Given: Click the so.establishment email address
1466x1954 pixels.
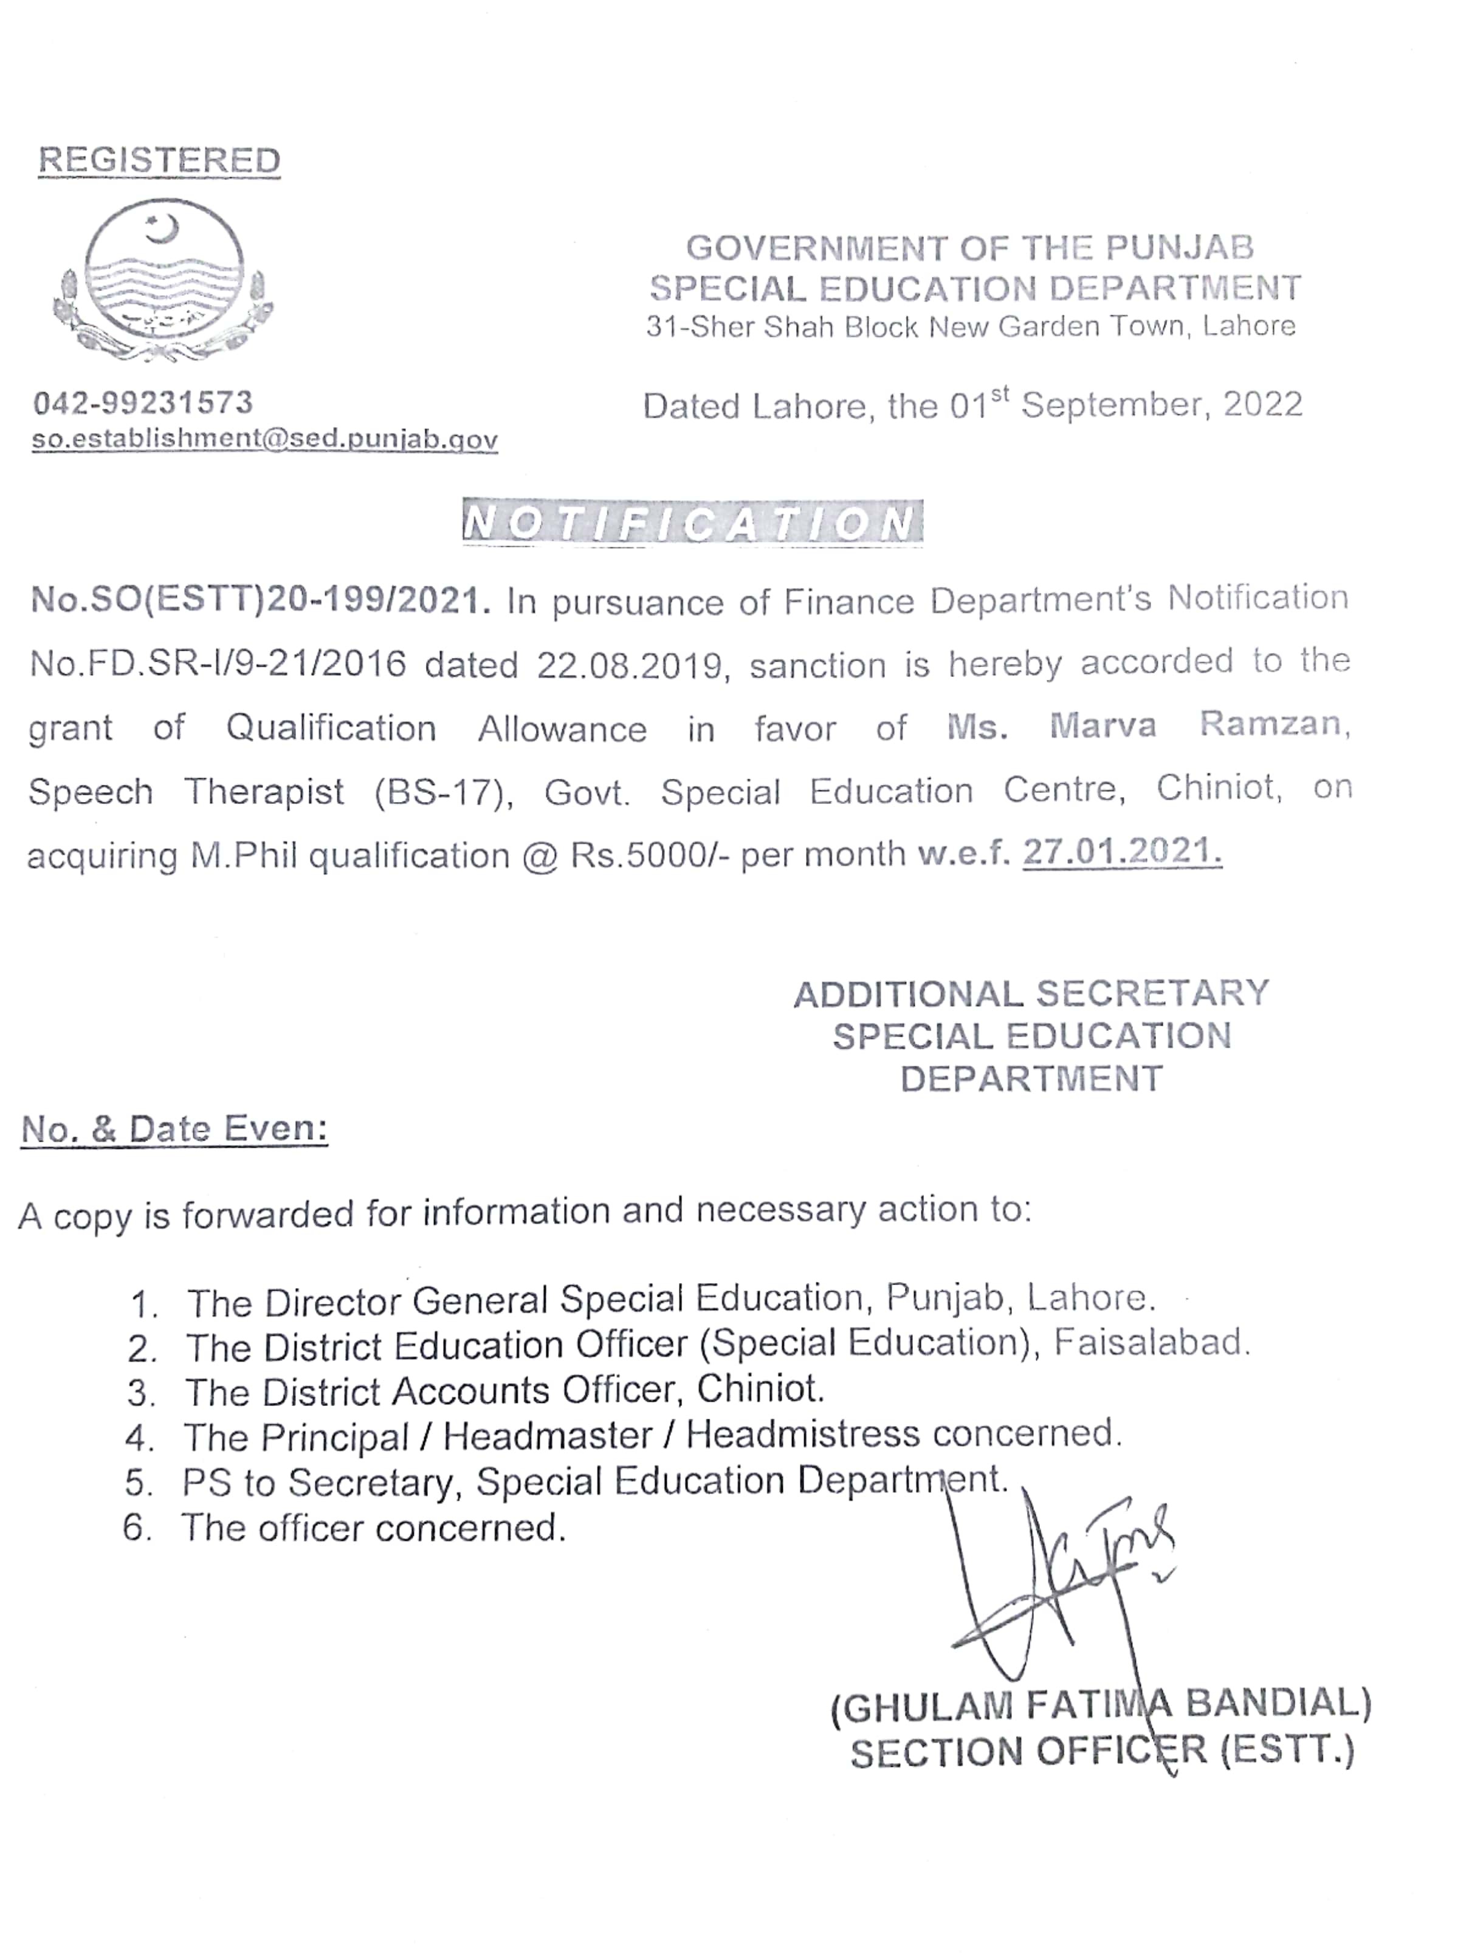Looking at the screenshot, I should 265,439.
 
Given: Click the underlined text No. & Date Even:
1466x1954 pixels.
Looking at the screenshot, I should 174,1128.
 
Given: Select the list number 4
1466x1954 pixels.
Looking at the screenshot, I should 140,1437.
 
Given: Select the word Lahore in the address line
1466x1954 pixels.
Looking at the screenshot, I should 1248,327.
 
